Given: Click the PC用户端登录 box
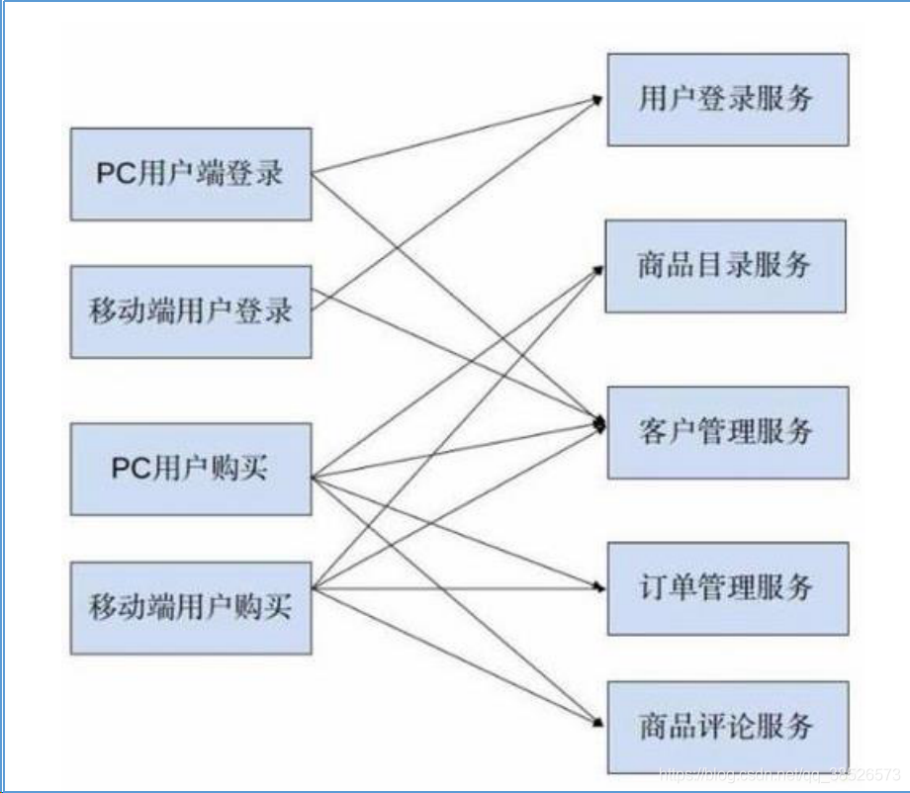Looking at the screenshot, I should click(x=190, y=174).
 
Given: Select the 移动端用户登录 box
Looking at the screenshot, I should click(x=190, y=310).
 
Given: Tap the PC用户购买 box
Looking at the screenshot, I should click(x=190, y=469).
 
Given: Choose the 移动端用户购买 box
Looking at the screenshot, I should click(x=190, y=606).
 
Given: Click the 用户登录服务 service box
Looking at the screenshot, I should click(x=727, y=99).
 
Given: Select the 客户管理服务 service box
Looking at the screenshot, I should click(x=727, y=432).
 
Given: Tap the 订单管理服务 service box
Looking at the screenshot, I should click(x=727, y=588).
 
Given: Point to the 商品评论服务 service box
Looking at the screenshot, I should click(x=727, y=727).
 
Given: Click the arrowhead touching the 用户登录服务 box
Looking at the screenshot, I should click(x=597, y=99).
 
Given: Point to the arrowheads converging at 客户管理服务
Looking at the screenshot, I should click(x=598, y=424).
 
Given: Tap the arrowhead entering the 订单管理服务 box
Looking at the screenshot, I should click(x=598, y=587).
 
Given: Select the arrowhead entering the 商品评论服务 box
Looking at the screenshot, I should click(x=598, y=724).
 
